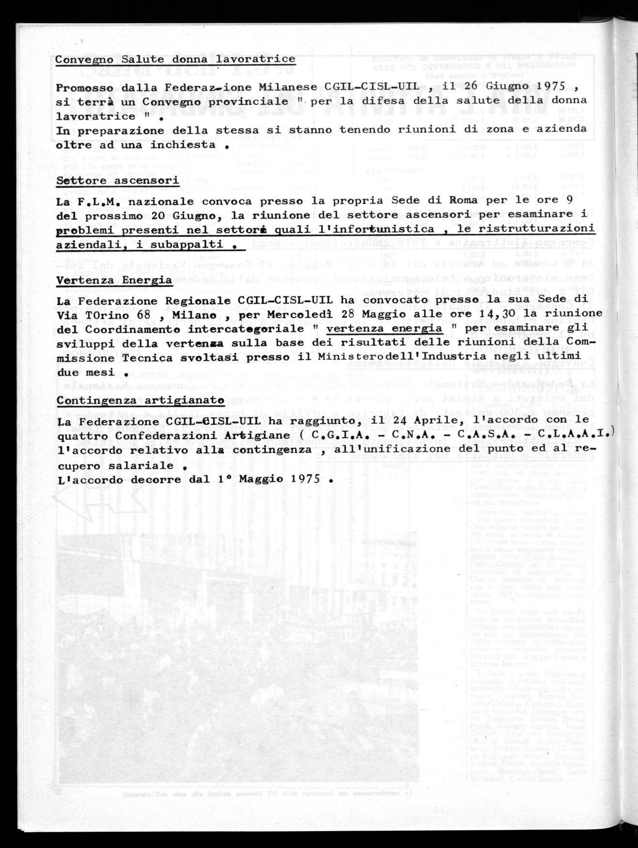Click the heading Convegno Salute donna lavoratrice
pyautogui.click(x=182, y=60)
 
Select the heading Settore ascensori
pyautogui.click(x=118, y=181)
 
